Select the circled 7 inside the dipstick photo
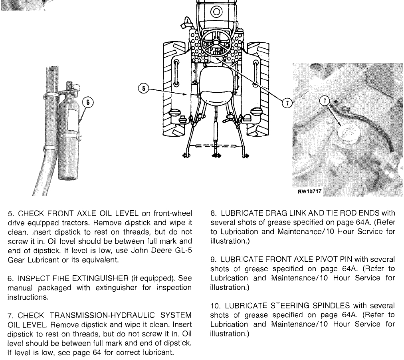[x=325, y=101]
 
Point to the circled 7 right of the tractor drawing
[x=287, y=103]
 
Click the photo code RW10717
[x=309, y=191]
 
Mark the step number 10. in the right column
[x=216, y=306]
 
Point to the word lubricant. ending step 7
[x=158, y=352]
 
